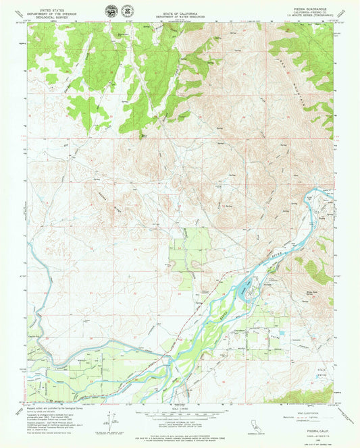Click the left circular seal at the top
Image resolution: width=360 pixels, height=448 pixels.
(x=110, y=11)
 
